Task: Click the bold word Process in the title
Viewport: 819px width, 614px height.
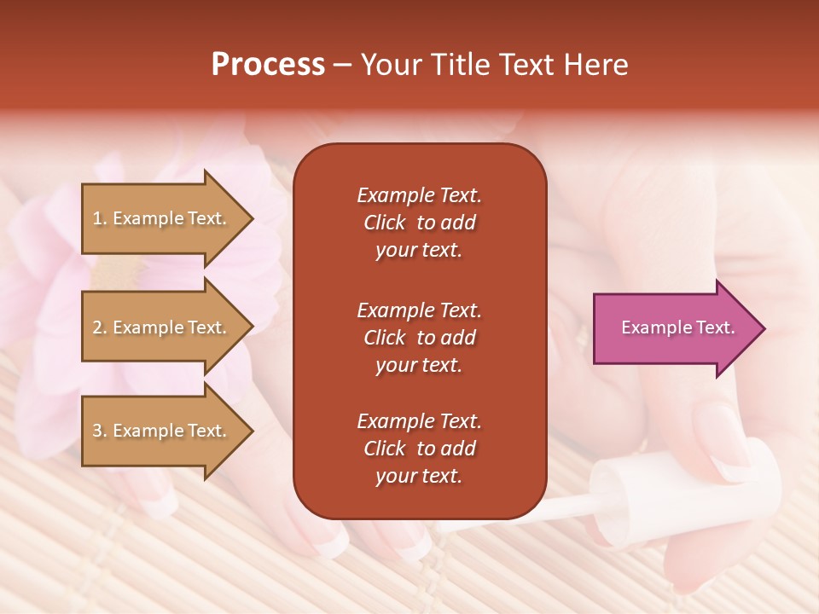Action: click(268, 65)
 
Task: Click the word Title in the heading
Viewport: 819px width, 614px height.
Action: click(462, 65)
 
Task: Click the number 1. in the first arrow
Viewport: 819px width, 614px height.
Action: click(100, 218)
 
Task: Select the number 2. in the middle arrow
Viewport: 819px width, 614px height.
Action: click(100, 327)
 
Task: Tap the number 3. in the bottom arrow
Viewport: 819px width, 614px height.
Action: click(100, 431)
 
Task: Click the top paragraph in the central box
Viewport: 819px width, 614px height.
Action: click(419, 223)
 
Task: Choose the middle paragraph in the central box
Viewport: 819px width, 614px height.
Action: click(419, 338)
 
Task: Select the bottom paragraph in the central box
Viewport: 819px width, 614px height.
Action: click(419, 449)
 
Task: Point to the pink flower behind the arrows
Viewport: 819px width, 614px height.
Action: click(51, 281)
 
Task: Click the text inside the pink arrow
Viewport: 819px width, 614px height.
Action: click(677, 327)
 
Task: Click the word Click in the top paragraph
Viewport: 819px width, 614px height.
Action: click(384, 223)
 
